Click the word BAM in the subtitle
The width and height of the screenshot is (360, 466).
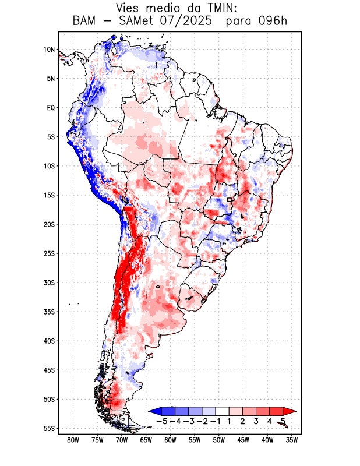(x=86, y=22)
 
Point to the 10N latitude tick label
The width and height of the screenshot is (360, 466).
(x=49, y=50)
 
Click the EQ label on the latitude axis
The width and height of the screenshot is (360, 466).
(x=51, y=108)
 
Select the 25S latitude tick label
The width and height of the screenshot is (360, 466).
(x=49, y=253)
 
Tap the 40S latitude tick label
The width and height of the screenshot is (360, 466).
(x=49, y=341)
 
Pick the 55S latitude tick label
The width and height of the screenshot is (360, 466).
(x=49, y=428)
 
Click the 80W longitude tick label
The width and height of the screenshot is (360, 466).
(x=73, y=440)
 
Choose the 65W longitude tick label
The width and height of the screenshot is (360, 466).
(x=146, y=440)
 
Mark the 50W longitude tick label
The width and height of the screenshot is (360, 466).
(x=219, y=440)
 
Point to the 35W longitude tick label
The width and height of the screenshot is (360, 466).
(x=292, y=440)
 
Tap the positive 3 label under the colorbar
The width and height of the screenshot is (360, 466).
(x=256, y=421)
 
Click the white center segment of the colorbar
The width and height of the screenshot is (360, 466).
(x=223, y=411)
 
